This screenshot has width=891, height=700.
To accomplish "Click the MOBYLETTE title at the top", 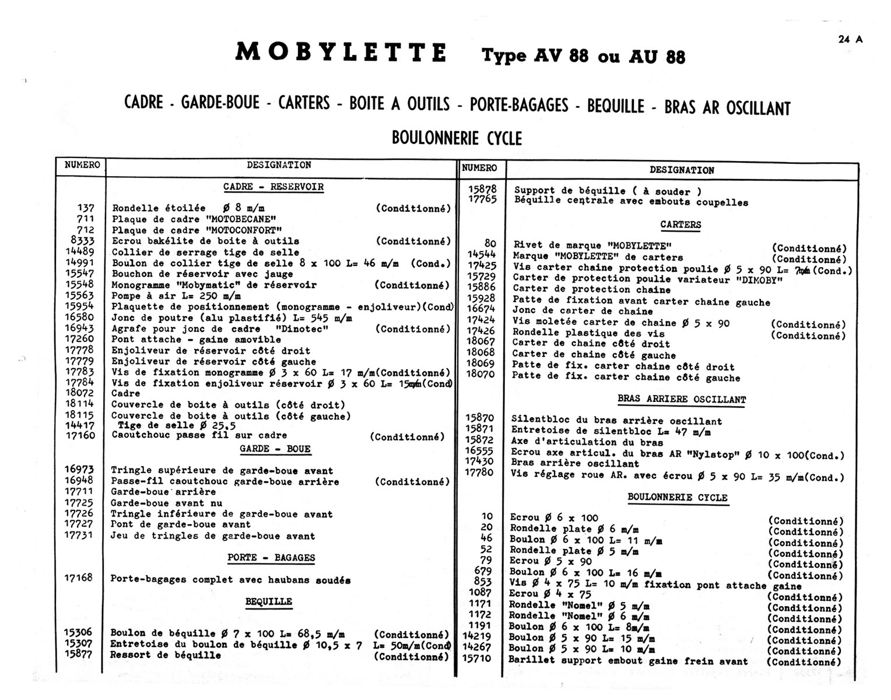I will (x=341, y=52).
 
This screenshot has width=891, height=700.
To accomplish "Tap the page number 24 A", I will (x=850, y=39).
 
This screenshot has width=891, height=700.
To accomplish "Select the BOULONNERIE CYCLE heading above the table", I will (x=457, y=138).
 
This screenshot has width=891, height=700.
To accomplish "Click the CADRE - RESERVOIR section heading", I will (x=273, y=187).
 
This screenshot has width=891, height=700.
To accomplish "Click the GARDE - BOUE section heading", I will (x=275, y=449).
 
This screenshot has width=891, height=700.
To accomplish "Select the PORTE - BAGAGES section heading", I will (x=271, y=558).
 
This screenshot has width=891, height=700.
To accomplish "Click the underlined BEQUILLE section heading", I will (x=269, y=601).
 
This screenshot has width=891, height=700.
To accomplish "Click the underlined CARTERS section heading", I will (x=680, y=225).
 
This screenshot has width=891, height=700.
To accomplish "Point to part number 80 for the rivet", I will (x=490, y=244).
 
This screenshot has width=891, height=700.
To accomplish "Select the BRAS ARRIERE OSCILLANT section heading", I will (x=682, y=400).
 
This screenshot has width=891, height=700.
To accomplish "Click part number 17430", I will (x=480, y=461).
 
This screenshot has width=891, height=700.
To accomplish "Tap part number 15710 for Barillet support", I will (x=477, y=659).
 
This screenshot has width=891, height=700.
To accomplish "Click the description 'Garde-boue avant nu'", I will (x=166, y=503).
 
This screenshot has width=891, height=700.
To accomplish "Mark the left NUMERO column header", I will (x=82, y=165).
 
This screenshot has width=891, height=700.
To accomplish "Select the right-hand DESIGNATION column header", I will (x=682, y=170).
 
